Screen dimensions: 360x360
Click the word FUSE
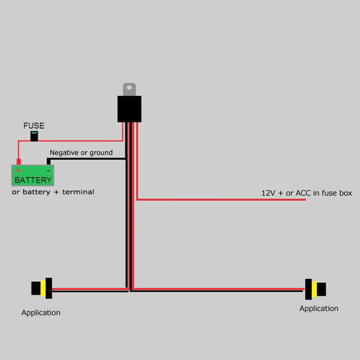coord(34,126)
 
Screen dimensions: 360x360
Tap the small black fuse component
coord(34,136)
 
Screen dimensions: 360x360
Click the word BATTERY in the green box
coord(33,180)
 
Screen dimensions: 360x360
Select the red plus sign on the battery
coord(18,170)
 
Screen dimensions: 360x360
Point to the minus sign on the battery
coord(48,170)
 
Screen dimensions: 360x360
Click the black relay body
coord(129,109)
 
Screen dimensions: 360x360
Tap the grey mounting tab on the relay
coord(129,89)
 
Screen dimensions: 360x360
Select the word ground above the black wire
coord(101,153)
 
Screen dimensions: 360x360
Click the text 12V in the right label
coord(268,193)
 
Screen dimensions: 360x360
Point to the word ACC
coord(304,193)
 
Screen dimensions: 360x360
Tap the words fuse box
coord(338,193)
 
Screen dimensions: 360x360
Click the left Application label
coord(41,312)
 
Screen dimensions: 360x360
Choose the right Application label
coord(319,308)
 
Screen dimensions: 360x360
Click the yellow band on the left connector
coord(43,288)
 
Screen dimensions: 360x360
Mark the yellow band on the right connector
coord(314,289)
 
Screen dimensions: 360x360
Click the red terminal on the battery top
coord(18,162)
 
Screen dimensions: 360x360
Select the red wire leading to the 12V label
coord(221,199)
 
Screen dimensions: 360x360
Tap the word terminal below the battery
coord(79,192)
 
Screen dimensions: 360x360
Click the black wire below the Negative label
coord(86,158)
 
